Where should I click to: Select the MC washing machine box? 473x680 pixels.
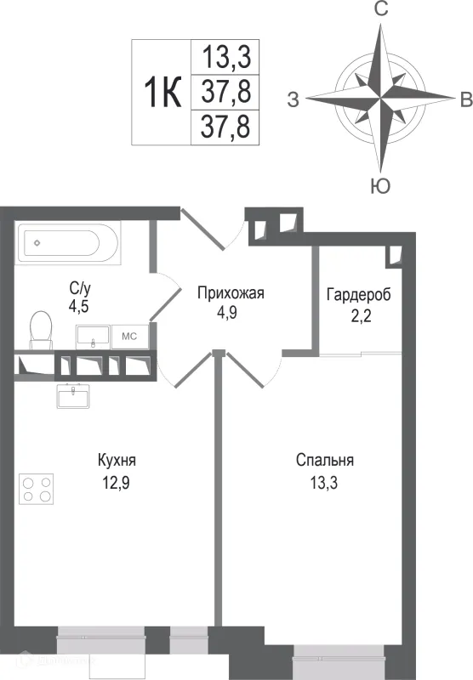[x=130, y=336]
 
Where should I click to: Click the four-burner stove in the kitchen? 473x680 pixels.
[x=36, y=488]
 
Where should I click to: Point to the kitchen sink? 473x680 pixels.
[x=75, y=394]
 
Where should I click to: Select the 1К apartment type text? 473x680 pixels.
[x=161, y=91]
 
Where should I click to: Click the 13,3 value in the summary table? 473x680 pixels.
[x=225, y=58]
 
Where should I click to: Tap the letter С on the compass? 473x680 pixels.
[x=382, y=10]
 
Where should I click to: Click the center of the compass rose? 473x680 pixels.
[x=381, y=99]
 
